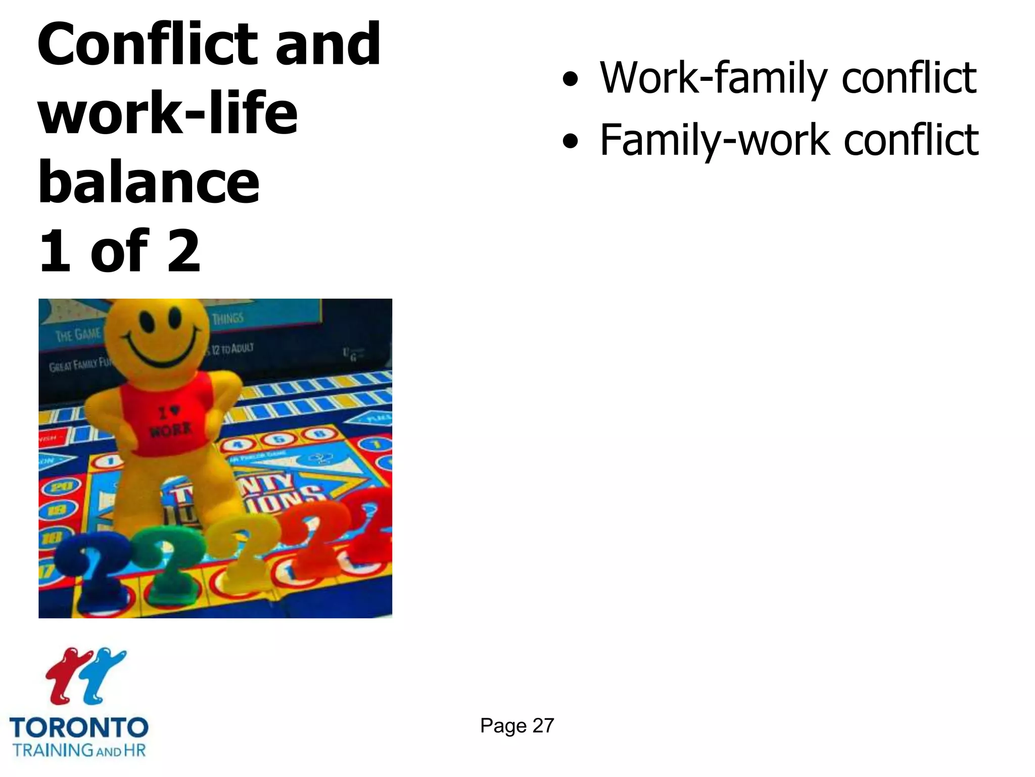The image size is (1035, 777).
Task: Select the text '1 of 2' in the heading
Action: [x=120, y=250]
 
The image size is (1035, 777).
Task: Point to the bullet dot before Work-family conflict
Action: [x=570, y=79]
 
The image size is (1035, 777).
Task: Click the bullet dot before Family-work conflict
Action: [x=570, y=141]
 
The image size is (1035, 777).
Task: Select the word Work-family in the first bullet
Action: [x=713, y=78]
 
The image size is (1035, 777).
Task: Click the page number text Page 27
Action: [x=517, y=725]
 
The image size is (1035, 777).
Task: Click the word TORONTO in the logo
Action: [x=79, y=728]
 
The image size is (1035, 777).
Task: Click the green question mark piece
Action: [x=169, y=562]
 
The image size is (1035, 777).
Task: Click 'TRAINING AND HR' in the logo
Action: [x=79, y=750]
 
